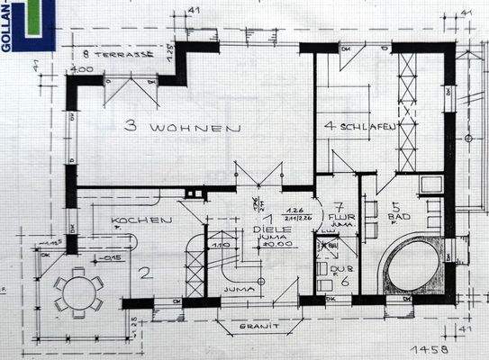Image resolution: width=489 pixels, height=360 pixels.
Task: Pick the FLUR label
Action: coord(340,218)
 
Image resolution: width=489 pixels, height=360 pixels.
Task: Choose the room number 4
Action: coord(331,126)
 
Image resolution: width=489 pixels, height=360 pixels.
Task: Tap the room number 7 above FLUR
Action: coord(339,206)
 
